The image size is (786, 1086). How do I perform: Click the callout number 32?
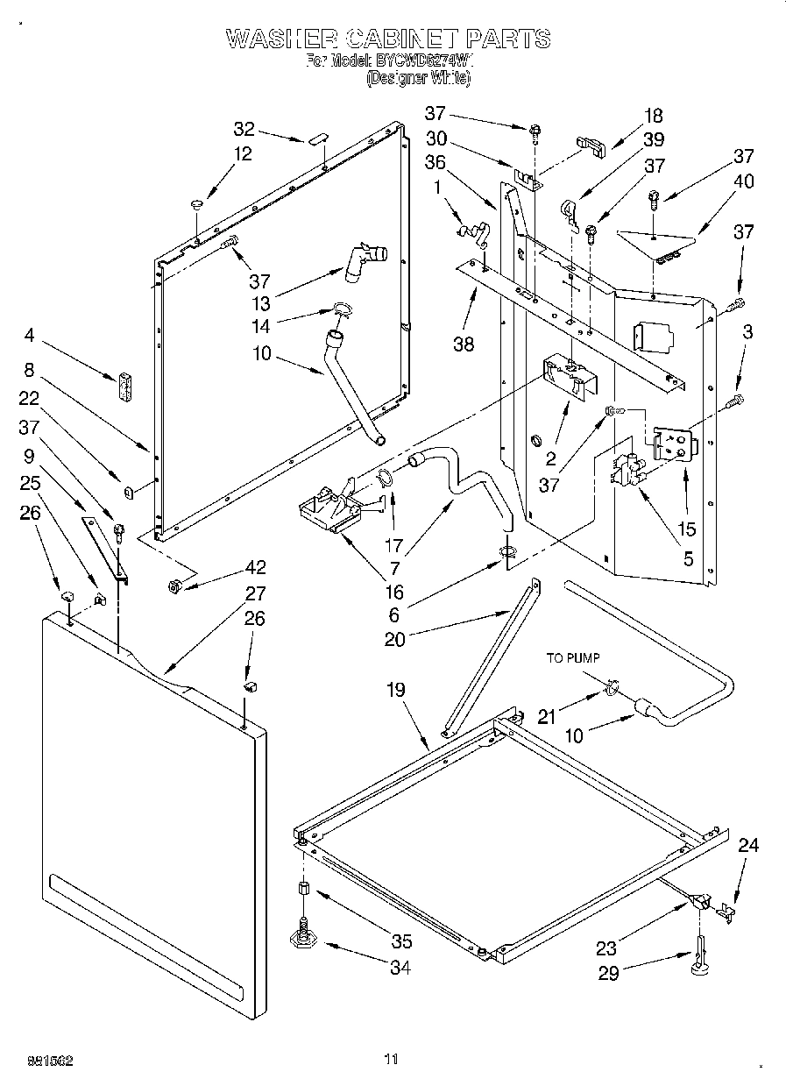pos(244,130)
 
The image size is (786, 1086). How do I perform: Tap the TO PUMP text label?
pos(574,657)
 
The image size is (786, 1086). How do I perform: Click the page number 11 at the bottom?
pos(391,1059)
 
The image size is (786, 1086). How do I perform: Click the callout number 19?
pos(396,690)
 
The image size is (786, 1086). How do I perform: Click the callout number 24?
pos(748,846)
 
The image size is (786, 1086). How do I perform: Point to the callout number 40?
pos(744,181)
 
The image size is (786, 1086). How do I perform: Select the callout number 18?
pos(653,116)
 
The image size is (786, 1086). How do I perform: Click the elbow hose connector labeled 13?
pos(363,259)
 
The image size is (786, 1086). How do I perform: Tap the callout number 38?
pos(464,344)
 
